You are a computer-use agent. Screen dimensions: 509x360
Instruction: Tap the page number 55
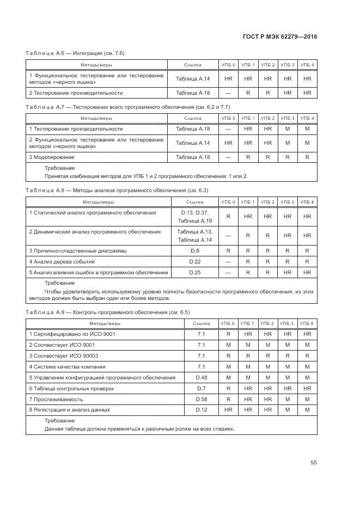coord(313,463)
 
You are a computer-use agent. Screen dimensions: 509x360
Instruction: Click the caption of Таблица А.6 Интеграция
coord(75,53)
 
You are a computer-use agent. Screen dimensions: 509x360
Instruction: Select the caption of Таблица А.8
coord(117,190)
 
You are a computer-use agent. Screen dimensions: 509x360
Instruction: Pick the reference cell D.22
coord(194,261)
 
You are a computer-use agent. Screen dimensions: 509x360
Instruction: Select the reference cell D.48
coord(201,377)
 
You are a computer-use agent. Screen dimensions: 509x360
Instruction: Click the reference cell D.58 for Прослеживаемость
coord(201,399)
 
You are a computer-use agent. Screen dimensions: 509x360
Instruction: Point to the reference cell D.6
coord(194,250)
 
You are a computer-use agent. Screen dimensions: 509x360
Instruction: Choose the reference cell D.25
coord(194,272)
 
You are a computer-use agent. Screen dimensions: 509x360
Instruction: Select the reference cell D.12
coord(201,409)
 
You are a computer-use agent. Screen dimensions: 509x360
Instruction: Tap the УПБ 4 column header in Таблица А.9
coord(307,323)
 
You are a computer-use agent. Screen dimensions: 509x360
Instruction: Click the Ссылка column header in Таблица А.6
coord(192,65)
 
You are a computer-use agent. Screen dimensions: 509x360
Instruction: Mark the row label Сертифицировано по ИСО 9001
coord(72,334)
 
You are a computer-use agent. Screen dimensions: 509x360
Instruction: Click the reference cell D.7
coord(201,388)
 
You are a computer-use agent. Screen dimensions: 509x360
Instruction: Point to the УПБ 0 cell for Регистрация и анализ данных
coord(228,409)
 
